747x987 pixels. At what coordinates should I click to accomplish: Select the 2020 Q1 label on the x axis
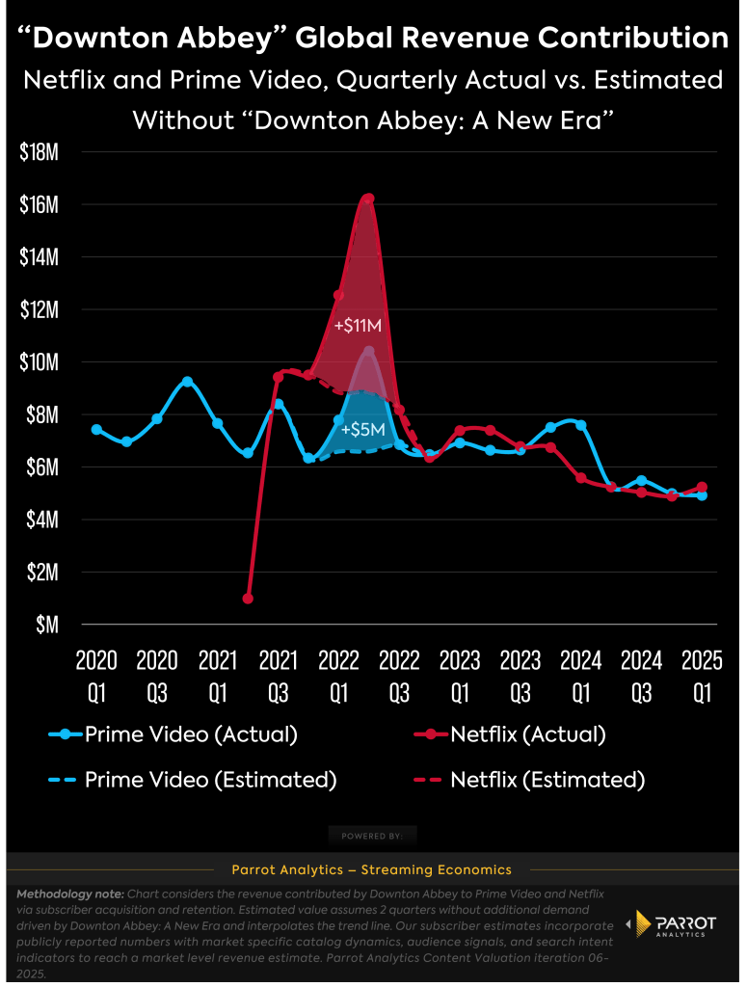point(96,675)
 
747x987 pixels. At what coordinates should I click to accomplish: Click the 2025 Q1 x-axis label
point(702,675)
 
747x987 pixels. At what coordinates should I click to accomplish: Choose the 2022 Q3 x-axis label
point(399,675)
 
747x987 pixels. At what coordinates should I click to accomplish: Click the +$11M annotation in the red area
point(358,326)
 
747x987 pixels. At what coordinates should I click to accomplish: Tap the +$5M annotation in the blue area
point(363,429)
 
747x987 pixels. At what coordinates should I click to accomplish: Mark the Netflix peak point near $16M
point(368,198)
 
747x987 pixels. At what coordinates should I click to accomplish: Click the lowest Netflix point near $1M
point(248,599)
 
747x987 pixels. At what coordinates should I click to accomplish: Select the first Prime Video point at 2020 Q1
point(96,429)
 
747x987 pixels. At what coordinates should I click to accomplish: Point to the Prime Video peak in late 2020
point(187,382)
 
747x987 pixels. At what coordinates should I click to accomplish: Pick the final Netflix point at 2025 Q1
point(702,487)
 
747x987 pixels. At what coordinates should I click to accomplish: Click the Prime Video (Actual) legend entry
point(173,734)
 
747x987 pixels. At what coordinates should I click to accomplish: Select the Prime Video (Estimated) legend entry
point(193,780)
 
